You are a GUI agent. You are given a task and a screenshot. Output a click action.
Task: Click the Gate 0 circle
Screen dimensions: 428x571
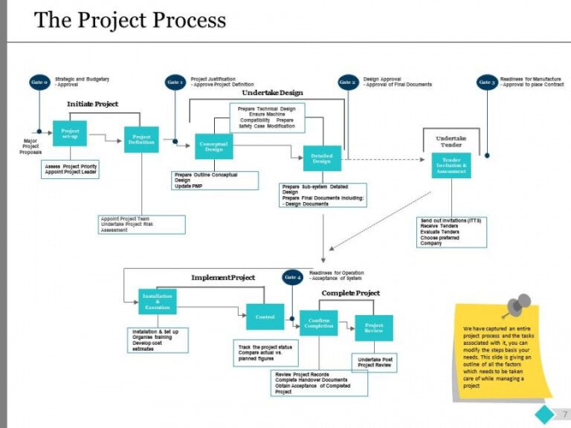[x=39, y=82]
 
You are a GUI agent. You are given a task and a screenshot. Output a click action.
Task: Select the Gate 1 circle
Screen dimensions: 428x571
[x=175, y=82]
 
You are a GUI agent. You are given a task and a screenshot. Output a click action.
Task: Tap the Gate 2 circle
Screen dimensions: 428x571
[x=348, y=82]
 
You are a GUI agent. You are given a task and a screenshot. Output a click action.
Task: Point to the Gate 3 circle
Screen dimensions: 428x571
[x=487, y=82]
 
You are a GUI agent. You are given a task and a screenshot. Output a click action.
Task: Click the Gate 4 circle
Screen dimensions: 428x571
[x=293, y=277]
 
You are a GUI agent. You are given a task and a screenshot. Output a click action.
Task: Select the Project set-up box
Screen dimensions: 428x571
[x=70, y=133]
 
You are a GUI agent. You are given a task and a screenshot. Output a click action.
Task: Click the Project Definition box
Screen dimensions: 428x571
[x=141, y=140]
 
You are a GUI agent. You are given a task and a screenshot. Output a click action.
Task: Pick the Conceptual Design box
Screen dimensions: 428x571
[x=213, y=146]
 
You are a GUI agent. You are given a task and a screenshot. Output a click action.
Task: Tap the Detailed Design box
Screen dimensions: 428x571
[x=322, y=158]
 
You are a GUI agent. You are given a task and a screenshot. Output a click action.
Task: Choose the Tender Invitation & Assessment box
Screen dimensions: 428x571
[x=451, y=164]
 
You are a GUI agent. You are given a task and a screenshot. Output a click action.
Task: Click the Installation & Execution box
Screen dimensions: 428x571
[x=158, y=301]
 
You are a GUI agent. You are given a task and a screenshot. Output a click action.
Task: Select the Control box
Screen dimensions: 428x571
[x=265, y=317]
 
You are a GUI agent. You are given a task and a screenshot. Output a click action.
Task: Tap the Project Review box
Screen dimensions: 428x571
[x=374, y=328]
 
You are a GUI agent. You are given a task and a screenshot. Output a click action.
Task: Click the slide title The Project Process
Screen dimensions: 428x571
[x=130, y=20]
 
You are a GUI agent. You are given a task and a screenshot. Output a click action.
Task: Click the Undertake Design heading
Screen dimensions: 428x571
[x=272, y=93]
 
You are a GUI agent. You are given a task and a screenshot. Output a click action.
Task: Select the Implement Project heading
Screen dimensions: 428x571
[x=222, y=277]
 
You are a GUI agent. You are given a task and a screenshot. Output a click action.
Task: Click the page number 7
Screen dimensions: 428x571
[x=566, y=414]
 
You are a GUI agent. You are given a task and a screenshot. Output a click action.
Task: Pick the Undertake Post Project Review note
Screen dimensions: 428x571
[x=375, y=362]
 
